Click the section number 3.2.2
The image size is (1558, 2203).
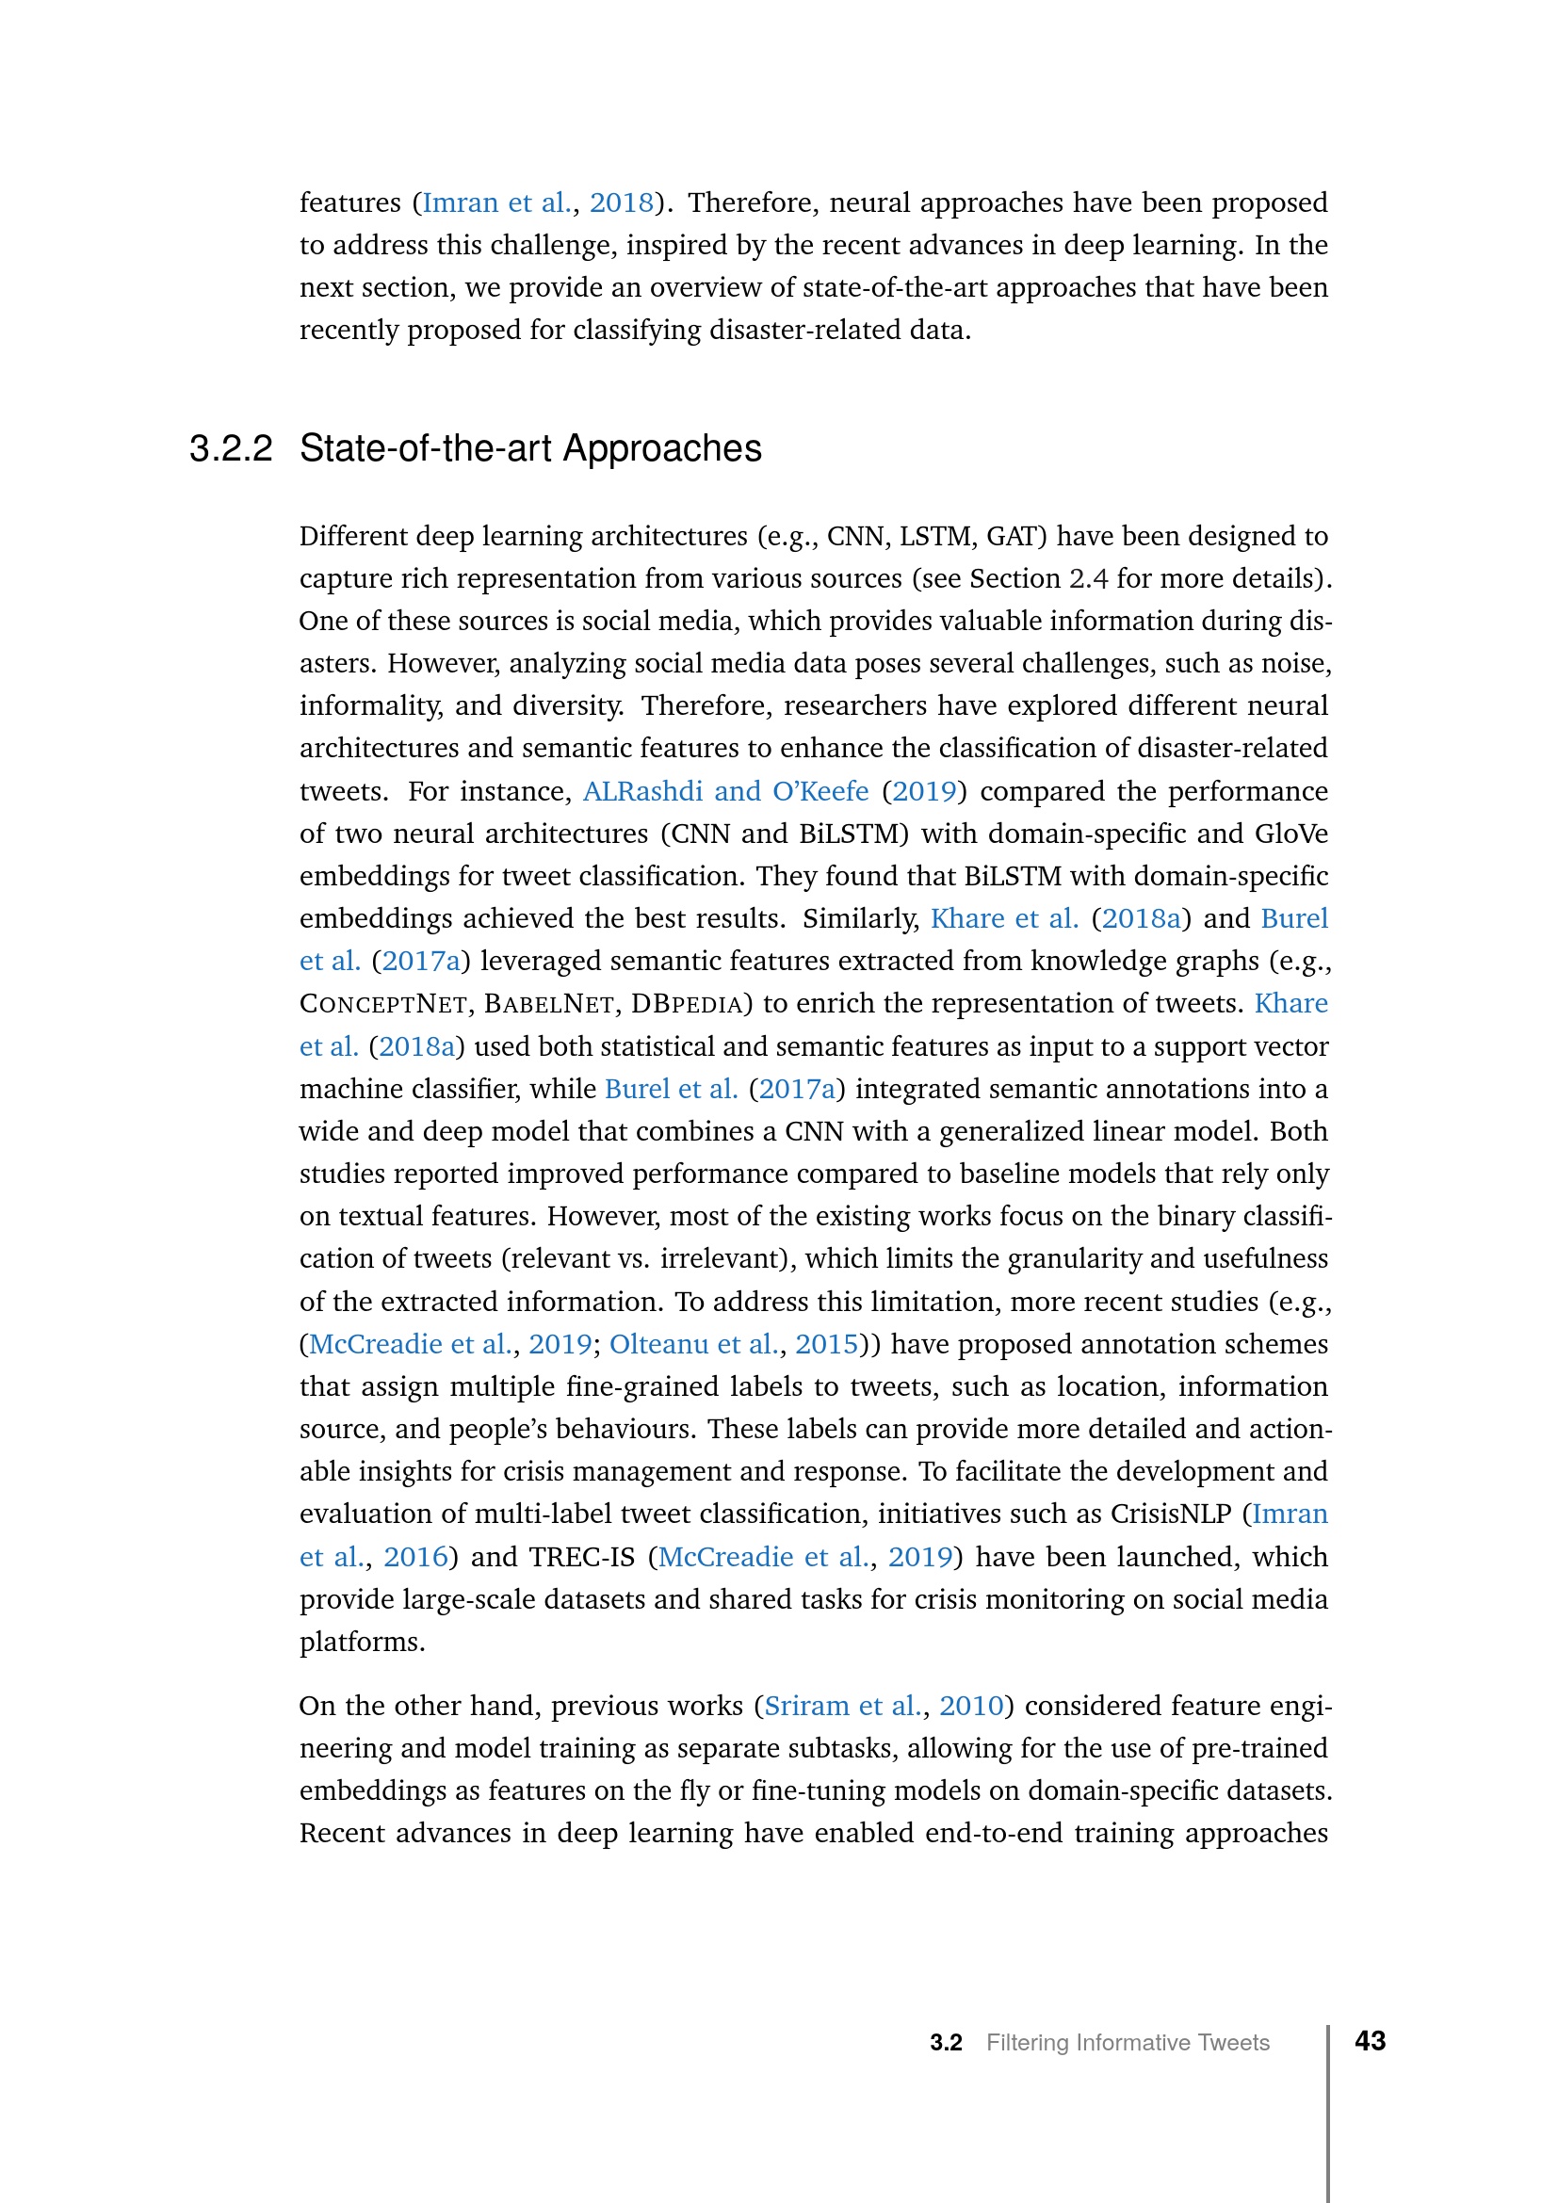[230, 449]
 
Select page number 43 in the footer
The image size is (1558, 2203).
[1370, 2041]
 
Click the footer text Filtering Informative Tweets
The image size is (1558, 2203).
[1128, 2043]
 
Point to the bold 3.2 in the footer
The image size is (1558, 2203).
[945, 2043]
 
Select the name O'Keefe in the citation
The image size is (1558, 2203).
[820, 791]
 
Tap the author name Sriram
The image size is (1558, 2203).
[807, 1705]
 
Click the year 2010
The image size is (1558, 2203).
[971, 1705]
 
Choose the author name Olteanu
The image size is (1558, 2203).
[653, 1343]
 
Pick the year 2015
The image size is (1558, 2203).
[826, 1343]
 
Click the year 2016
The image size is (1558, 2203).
[415, 1556]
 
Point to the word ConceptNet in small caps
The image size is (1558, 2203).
[382, 1004]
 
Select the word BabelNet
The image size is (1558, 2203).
[549, 1004]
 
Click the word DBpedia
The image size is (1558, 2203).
[686, 1004]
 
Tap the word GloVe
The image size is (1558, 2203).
[1291, 834]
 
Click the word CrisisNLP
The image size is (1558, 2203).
[1171, 1514]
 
